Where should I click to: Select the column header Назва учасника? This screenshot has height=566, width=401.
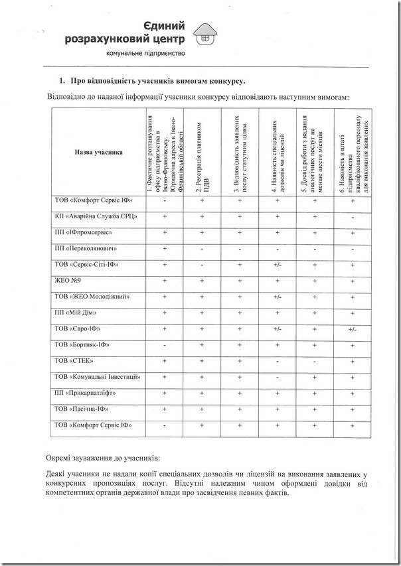coord(98,152)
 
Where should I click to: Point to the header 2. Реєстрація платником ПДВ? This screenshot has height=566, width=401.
coord(202,152)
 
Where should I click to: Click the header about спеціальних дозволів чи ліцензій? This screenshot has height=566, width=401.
coord(278,152)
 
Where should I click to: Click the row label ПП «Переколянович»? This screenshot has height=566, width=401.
coord(86,249)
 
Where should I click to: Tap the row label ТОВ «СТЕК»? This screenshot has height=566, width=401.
coord(74,361)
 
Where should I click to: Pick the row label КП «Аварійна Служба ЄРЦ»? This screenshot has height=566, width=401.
coord(96,216)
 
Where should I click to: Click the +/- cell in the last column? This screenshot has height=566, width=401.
coord(352,329)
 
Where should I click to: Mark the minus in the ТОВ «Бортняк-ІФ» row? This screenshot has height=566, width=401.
coord(164,345)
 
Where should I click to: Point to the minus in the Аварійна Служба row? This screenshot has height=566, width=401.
coord(352,217)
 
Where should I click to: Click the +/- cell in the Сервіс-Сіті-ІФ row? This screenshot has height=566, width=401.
coord(278,265)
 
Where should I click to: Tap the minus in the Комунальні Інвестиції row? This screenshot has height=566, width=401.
coord(278,377)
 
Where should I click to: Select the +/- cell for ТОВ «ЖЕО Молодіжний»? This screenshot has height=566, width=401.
coord(278,297)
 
